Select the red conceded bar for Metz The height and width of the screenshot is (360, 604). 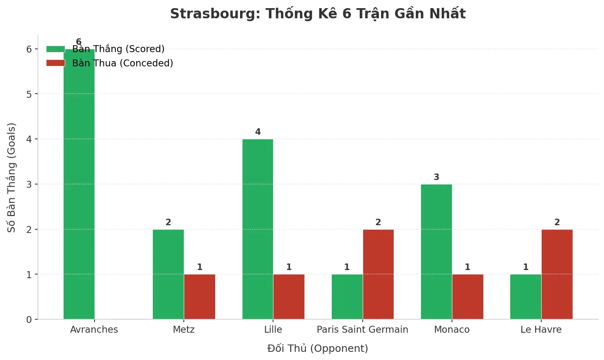pos(200,297)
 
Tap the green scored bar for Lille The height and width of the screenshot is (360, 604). pos(258,229)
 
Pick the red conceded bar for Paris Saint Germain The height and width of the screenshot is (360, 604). pos(378,274)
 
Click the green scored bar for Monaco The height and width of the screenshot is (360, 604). pos(436,252)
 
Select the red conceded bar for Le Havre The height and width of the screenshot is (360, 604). pos(557,274)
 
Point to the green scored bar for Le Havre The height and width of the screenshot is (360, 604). pos(526,297)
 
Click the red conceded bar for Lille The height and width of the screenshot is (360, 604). pos(289,297)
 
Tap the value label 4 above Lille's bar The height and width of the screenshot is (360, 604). pos(258,132)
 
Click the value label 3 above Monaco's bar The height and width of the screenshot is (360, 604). pos(436,177)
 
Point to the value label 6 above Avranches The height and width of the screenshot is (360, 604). pos(79,42)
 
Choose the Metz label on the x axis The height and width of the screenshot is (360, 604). pos(184,329)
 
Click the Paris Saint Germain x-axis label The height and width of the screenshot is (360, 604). pos(362,329)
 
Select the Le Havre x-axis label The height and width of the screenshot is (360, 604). pos(541,329)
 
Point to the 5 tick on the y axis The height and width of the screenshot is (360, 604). pos(29,94)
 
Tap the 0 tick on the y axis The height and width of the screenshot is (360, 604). pos(29,320)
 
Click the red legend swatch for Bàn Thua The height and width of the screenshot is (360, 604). pos(55,63)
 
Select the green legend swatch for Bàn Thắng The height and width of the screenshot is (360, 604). pos(55,49)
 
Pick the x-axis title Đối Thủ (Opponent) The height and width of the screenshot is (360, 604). pos(317,349)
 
